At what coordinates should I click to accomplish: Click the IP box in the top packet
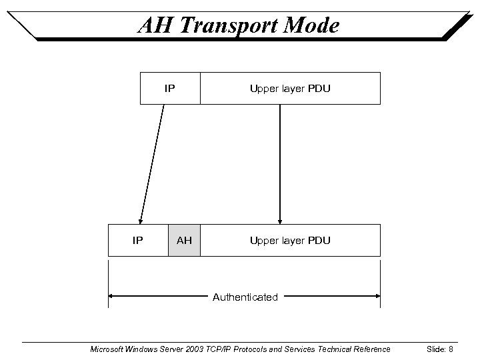point(170,89)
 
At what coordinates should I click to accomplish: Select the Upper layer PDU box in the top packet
point(290,89)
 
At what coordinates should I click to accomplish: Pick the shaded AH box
point(184,240)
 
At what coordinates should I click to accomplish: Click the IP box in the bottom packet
point(137,240)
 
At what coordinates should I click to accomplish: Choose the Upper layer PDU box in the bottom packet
point(290,240)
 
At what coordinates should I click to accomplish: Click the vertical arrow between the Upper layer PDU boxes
point(280,163)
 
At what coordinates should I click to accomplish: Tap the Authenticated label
point(245,297)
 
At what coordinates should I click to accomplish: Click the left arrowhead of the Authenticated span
point(112,297)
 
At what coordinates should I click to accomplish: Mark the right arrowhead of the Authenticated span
point(377,297)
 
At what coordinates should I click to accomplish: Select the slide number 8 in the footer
point(451,349)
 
